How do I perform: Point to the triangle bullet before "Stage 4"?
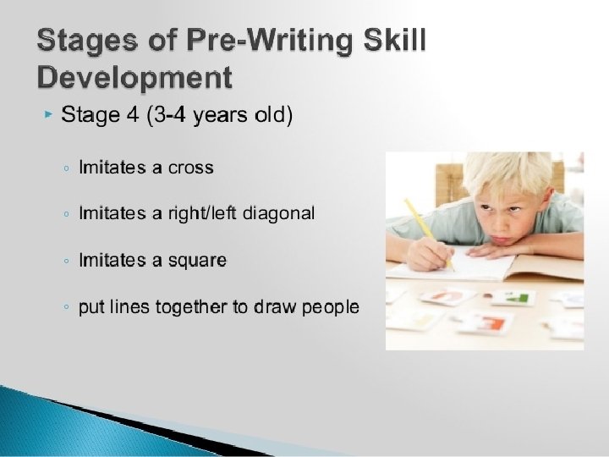tap(49, 113)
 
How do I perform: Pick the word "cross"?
tap(191, 168)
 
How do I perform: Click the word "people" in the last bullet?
tap(328, 307)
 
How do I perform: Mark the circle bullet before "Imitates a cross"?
tap(66, 168)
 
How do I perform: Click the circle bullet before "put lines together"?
tap(66, 308)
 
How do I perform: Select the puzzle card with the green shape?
tap(516, 297)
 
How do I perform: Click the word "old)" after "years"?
tap(273, 114)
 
